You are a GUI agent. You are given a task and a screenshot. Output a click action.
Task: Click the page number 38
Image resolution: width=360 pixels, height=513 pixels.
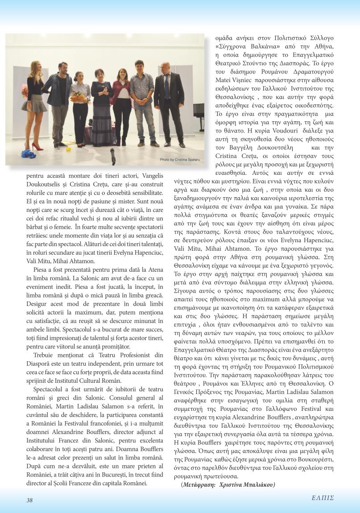(29, 500)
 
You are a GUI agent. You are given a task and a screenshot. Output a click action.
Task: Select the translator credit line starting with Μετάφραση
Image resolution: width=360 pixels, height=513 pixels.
(228, 484)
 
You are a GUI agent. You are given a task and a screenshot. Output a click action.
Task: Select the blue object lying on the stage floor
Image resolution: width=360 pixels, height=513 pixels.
(29, 154)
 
